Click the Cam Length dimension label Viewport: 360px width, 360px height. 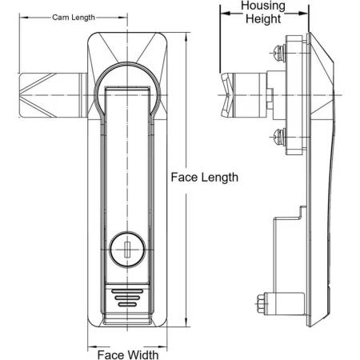(74, 18)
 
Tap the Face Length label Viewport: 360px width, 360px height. (205, 178)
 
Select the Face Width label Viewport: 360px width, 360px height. (128, 355)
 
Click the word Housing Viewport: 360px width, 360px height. (263, 6)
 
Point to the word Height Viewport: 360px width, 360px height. (263, 19)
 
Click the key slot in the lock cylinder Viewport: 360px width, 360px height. (127, 250)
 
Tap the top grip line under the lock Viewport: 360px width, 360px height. (127, 291)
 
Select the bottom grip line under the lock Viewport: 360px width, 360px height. (127, 304)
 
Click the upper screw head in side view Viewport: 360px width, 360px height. (279, 54)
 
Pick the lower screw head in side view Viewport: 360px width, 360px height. (279, 137)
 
